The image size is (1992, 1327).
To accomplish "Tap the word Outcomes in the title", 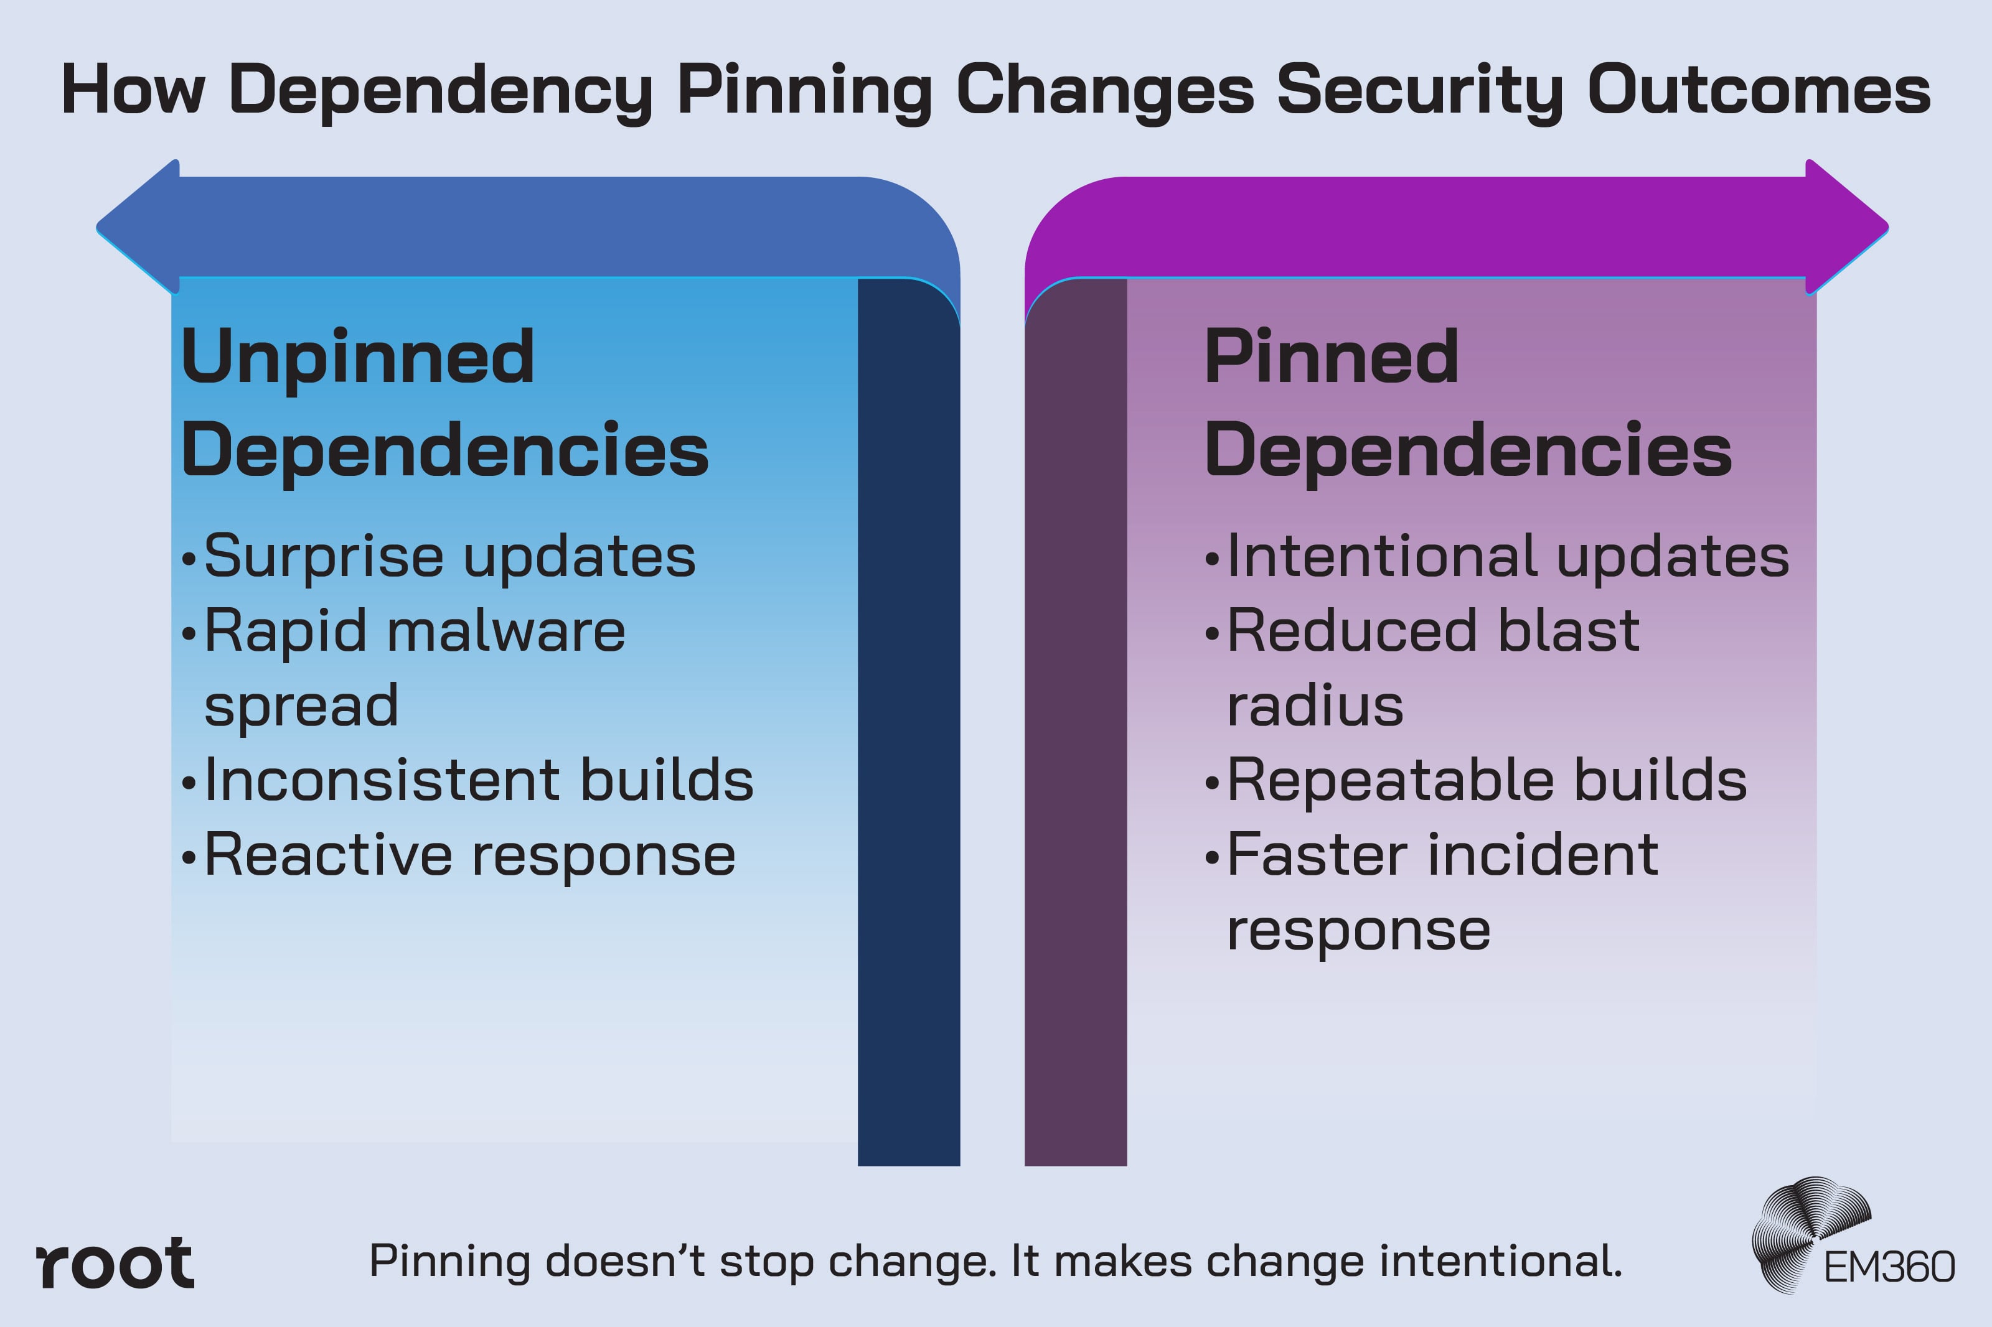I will click(x=1759, y=90).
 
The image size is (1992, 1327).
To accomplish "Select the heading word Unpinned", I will click(x=357, y=357).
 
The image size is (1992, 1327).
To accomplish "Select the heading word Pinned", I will click(x=1331, y=357).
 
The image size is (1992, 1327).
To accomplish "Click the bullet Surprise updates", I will click(x=449, y=557).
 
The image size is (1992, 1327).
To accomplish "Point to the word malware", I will click(x=505, y=631).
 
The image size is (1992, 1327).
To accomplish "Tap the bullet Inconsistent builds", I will click(x=478, y=780).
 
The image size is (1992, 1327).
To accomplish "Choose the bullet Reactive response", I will click(x=470, y=855).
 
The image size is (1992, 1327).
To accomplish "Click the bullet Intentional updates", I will click(x=1507, y=557).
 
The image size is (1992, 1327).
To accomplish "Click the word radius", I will click(x=1315, y=706).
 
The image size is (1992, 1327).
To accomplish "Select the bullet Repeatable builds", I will click(x=1487, y=780).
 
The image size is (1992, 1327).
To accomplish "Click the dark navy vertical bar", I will click(x=908, y=719).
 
